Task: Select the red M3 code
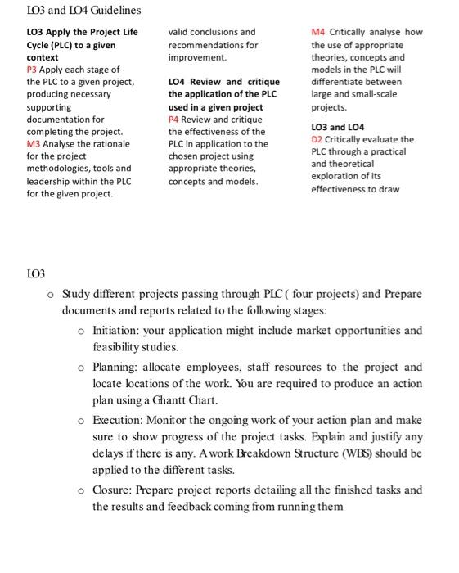[x=35, y=143]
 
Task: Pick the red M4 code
[x=320, y=33]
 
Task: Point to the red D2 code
[x=318, y=139]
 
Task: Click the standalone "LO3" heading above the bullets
[x=36, y=272]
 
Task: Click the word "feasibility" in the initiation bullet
[x=116, y=347]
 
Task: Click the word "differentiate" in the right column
[x=338, y=82]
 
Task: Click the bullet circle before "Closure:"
[x=80, y=490]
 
